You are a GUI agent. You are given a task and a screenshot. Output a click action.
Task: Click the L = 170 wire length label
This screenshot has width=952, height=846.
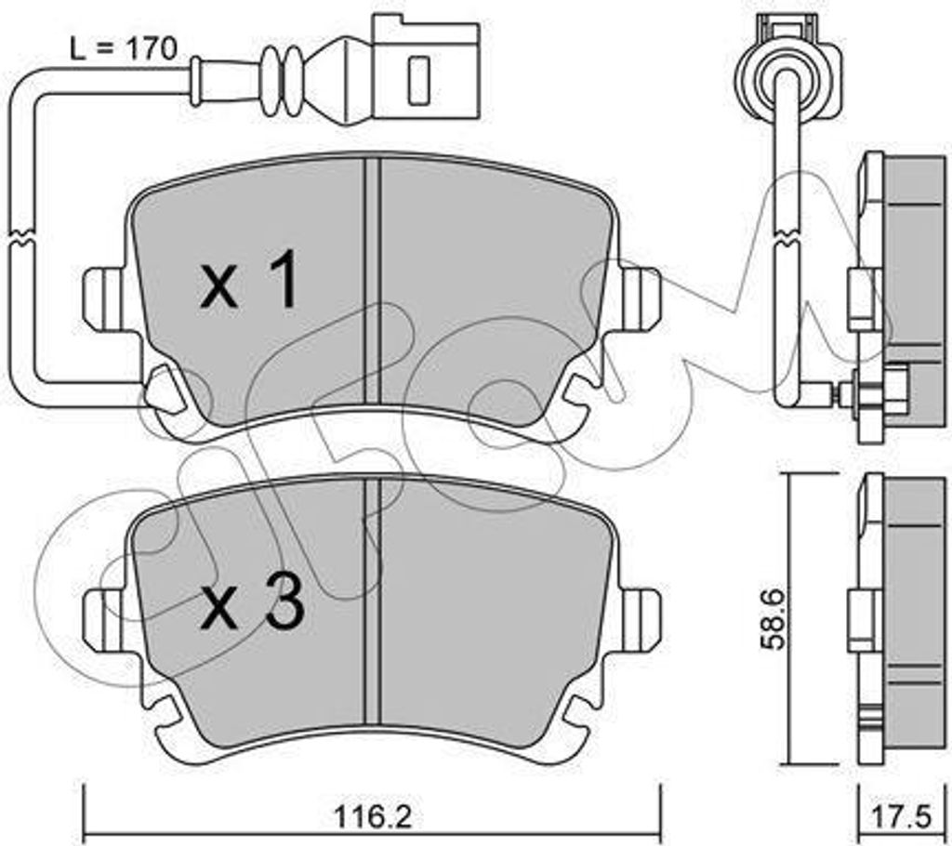point(124,48)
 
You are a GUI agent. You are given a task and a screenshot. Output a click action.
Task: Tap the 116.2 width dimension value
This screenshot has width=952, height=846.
point(373,817)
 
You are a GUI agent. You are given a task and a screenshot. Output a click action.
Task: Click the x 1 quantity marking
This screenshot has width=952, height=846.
point(249,280)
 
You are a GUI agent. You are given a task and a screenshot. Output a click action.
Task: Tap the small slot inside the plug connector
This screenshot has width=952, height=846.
point(418,80)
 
